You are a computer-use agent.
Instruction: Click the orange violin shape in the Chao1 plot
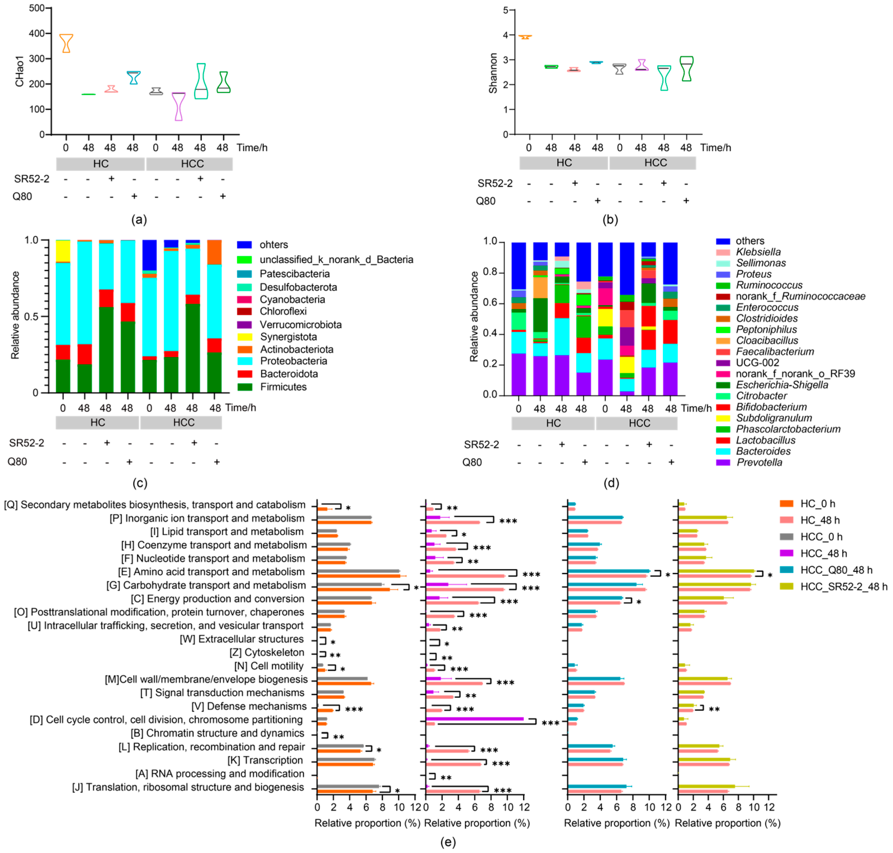point(66,43)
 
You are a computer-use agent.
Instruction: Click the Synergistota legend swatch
point(244,337)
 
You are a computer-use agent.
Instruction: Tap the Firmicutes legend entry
point(283,387)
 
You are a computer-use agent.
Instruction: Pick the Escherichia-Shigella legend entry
point(782,385)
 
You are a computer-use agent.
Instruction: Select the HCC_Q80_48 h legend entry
point(836,570)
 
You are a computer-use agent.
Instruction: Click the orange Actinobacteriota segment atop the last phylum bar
point(214,252)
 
